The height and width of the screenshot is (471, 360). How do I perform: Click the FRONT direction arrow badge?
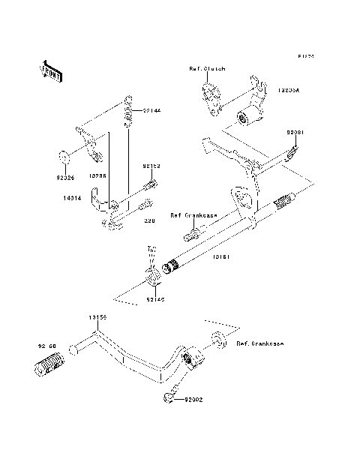49,70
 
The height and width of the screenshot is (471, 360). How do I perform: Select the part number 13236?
97,175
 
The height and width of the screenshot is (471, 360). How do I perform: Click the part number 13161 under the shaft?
221,256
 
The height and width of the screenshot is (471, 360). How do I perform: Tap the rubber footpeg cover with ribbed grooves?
47,368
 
